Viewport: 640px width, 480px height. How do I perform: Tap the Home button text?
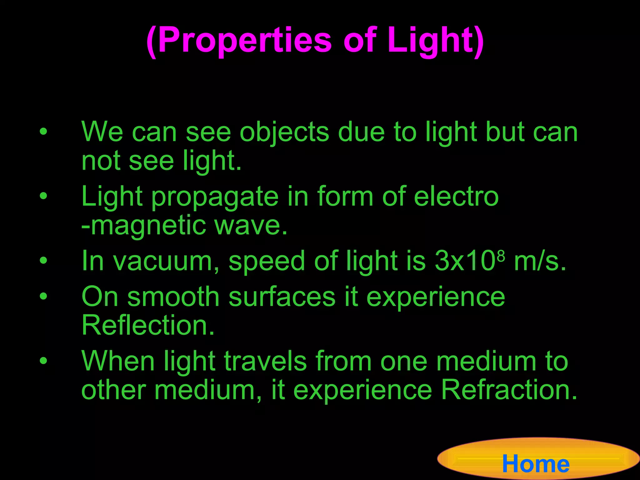tap(536, 464)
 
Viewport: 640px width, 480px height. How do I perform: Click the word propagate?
tap(215, 197)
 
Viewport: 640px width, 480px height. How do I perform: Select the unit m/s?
tap(540, 262)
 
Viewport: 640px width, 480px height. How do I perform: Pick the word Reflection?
tap(148, 326)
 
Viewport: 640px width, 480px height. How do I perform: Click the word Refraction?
tap(509, 390)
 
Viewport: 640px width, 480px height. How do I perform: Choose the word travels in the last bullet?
tap(265, 361)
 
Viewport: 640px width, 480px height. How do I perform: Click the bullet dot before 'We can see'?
tap(43, 132)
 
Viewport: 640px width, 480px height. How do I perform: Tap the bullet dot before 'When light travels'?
tap(43, 361)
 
